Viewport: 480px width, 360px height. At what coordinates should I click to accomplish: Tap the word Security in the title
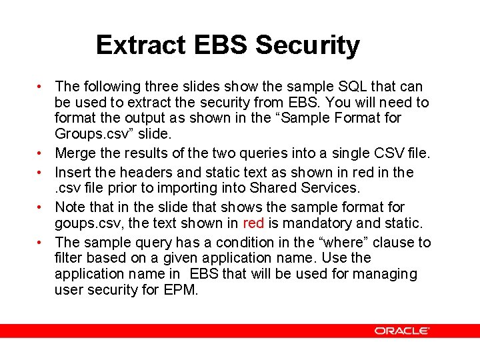click(307, 45)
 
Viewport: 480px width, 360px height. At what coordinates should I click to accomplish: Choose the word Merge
click(75, 154)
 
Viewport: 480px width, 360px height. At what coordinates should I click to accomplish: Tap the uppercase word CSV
click(378, 154)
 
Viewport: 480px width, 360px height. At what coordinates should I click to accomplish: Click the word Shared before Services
click(263, 189)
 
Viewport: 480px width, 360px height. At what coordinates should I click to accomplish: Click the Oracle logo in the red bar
click(401, 331)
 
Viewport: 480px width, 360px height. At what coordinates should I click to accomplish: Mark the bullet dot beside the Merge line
click(41, 154)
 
